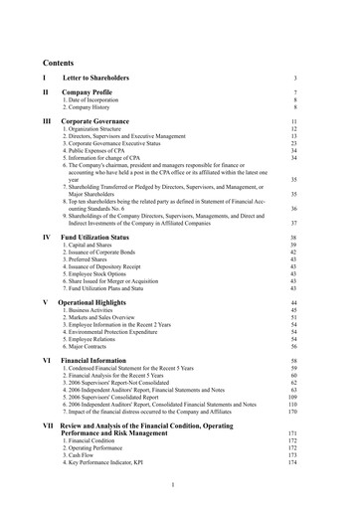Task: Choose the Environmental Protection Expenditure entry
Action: click(121, 330)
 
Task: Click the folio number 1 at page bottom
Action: click(173, 484)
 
